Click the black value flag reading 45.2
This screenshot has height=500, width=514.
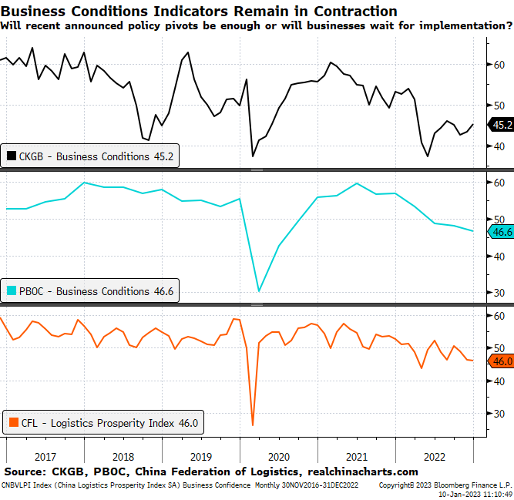click(501, 124)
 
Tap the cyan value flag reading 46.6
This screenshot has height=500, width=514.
click(501, 231)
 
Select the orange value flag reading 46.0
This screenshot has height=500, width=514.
click(501, 361)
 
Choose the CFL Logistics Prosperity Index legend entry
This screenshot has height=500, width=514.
click(104, 422)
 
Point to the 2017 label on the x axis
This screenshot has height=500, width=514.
click(45, 455)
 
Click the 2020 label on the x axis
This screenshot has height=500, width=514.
click(278, 455)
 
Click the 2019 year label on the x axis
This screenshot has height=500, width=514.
click(200, 455)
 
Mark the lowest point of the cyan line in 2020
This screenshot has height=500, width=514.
click(259, 291)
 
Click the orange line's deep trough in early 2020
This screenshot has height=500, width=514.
click(253, 424)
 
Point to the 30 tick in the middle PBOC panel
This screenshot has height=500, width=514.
click(499, 293)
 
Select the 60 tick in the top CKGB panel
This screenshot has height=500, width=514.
click(499, 65)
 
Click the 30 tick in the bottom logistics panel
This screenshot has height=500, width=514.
click(499, 414)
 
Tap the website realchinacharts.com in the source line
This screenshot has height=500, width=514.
click(363, 471)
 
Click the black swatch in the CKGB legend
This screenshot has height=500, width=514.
click(12, 156)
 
